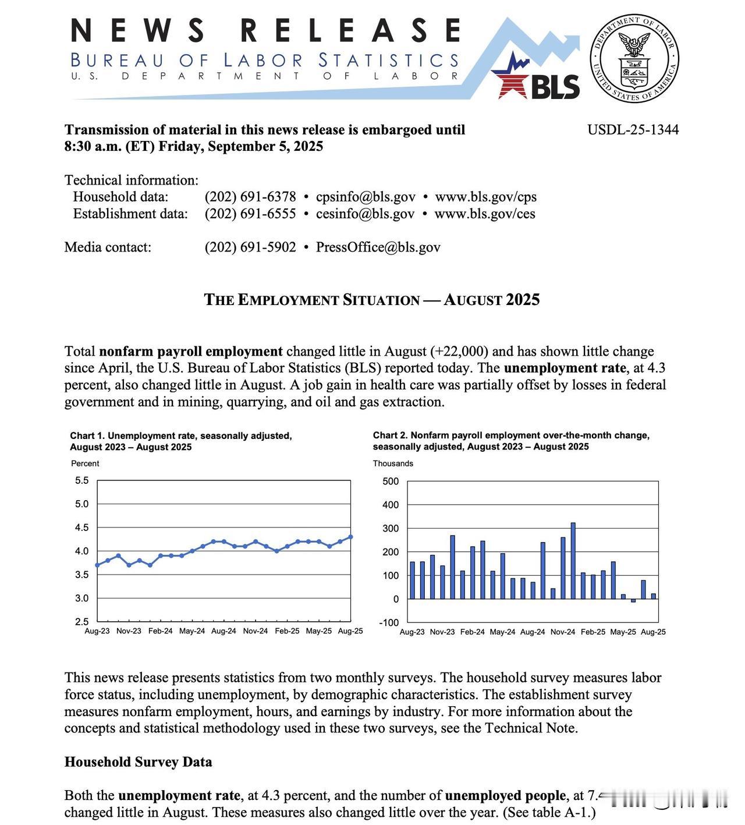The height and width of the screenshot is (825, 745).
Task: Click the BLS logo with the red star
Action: pos(535,78)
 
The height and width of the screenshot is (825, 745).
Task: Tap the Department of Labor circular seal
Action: pos(634,58)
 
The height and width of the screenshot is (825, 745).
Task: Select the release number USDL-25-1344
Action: pos(633,130)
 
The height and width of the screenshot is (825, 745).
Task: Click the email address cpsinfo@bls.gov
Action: pos(366,197)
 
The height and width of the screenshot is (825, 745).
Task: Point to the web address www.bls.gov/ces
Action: pos(484,214)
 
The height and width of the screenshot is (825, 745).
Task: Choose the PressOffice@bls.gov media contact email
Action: pos(378,247)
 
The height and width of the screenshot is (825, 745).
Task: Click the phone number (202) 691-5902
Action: pos(250,247)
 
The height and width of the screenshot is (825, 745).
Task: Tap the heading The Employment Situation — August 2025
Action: pos(372,300)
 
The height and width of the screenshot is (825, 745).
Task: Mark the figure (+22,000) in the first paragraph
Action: pos(459,352)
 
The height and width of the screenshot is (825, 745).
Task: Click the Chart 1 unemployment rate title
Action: pos(181,441)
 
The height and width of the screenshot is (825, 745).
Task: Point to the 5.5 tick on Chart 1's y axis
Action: pos(82,481)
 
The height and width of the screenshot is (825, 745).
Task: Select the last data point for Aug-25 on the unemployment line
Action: pos(350,537)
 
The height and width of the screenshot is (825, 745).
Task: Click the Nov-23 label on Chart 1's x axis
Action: pos(129,631)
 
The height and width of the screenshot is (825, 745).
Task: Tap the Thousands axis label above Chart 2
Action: pos(393,463)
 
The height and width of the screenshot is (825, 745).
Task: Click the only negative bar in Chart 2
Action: pos(633,601)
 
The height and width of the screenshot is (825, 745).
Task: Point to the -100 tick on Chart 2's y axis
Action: pos(389,622)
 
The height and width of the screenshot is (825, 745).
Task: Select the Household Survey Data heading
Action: pos(138,762)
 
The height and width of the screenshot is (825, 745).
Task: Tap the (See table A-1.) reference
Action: pos(549,812)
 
